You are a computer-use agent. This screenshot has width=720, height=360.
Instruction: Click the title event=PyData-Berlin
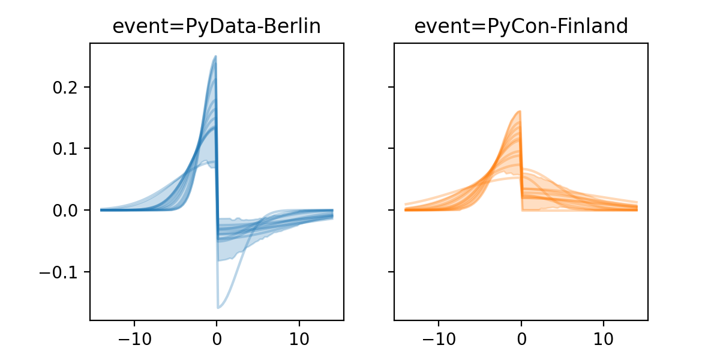click(x=217, y=26)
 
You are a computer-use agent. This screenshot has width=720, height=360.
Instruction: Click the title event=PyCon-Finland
click(x=521, y=26)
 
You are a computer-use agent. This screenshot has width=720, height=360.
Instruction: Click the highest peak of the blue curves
click(x=215, y=56)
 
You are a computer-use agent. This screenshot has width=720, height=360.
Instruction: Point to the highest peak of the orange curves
click(x=520, y=111)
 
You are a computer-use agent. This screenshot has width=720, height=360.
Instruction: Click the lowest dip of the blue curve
click(x=218, y=308)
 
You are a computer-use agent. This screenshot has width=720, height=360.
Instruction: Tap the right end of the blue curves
click(x=332, y=213)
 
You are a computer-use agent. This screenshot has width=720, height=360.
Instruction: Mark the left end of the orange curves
click(x=406, y=209)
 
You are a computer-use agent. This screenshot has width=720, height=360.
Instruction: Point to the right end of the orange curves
click(x=637, y=208)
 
